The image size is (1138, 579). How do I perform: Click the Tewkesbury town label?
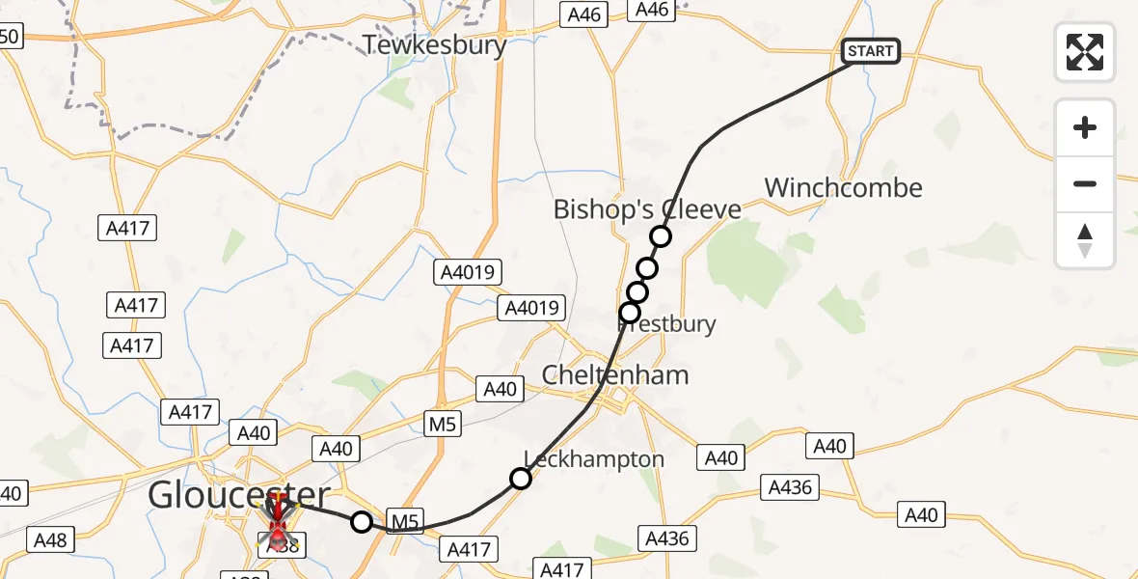pyautogui.click(x=435, y=44)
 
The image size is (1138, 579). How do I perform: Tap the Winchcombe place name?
pyautogui.click(x=843, y=187)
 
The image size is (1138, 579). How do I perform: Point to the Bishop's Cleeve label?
pyautogui.click(x=647, y=209)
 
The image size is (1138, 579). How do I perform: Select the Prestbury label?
pyautogui.click(x=667, y=323)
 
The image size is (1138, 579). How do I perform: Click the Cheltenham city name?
pyautogui.click(x=615, y=374)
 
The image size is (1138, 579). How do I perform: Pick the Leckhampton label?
pyautogui.click(x=594, y=459)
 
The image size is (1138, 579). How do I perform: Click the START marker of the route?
pyautogui.click(x=871, y=51)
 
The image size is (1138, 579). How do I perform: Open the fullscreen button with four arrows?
pyautogui.click(x=1085, y=51)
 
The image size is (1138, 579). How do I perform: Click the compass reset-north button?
pyautogui.click(x=1085, y=240)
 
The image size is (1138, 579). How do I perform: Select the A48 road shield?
pyautogui.click(x=50, y=539)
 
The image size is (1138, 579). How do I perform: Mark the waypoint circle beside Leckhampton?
pyautogui.click(x=521, y=478)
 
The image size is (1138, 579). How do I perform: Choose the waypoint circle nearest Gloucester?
pyautogui.click(x=361, y=522)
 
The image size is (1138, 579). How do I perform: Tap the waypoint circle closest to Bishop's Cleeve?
pyautogui.click(x=660, y=235)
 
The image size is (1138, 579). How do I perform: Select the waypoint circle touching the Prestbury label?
pyautogui.click(x=630, y=312)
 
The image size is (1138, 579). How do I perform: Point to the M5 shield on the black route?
pyautogui.click(x=405, y=522)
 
